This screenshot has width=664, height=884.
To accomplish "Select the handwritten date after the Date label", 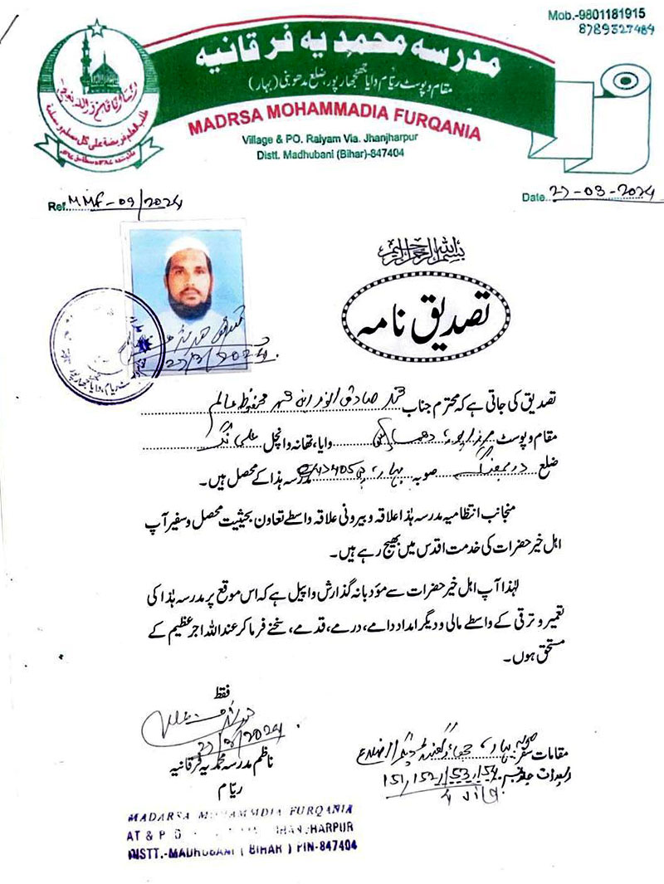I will point(600,194).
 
